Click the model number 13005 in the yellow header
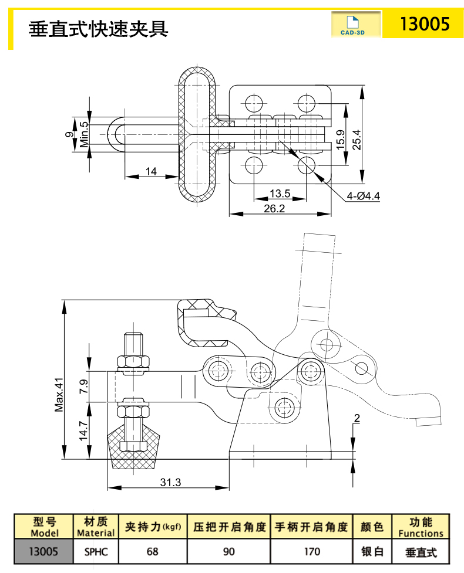424,24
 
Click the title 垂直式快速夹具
99,28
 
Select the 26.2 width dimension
275,208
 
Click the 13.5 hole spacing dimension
280,194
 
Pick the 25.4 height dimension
357,139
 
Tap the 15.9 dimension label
341,141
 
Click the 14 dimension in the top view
151,171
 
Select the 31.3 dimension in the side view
170,482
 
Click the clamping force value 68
153,551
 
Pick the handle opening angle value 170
312,551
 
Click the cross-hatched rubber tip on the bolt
134,453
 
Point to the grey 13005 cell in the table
45,551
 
